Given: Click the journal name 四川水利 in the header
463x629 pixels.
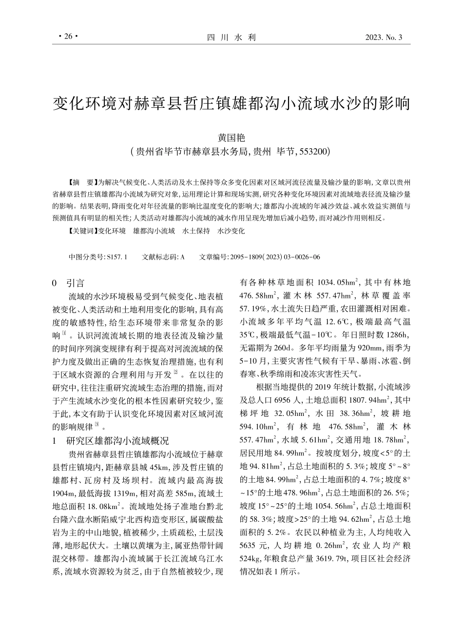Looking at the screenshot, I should tap(231, 38).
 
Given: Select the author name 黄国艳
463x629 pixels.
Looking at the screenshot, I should tap(231, 138).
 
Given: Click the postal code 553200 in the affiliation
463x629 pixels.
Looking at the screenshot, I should tap(315, 151).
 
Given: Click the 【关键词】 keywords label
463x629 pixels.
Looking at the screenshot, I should tap(80, 231).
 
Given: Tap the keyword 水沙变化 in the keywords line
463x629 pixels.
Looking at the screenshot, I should tap(231, 231).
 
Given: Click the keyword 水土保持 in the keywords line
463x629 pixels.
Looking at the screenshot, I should tap(196, 231).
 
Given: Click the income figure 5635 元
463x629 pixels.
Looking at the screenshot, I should tap(254, 543).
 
